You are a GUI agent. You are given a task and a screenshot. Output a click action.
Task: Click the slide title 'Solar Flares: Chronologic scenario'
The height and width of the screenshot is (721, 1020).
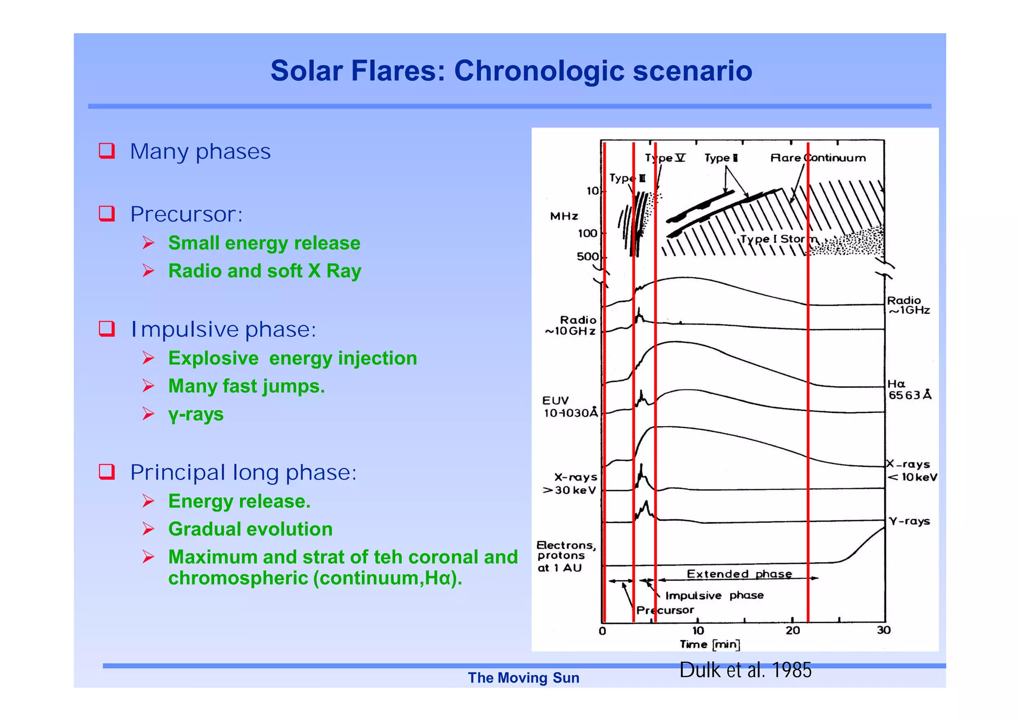[x=511, y=71]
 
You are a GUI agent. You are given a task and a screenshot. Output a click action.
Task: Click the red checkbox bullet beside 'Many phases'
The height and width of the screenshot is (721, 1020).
[x=107, y=150]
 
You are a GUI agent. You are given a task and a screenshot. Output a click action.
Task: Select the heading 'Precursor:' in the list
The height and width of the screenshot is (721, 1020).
[x=186, y=214]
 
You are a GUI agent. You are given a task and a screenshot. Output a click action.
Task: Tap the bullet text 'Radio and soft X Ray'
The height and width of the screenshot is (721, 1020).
[x=264, y=271]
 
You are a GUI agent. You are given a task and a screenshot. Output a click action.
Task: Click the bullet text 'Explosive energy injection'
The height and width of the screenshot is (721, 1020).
[x=292, y=359]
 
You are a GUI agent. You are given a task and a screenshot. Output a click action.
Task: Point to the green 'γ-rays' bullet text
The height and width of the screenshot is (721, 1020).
[x=196, y=414]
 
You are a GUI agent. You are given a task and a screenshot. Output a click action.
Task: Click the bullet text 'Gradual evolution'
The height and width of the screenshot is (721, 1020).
[x=250, y=529]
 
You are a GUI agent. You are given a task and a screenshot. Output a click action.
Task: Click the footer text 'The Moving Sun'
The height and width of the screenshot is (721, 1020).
[x=523, y=678]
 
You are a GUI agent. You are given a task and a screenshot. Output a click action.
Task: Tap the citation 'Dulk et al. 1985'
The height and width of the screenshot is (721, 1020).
[x=745, y=670]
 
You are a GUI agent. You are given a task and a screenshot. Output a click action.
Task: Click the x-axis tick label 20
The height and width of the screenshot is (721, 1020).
[x=792, y=631]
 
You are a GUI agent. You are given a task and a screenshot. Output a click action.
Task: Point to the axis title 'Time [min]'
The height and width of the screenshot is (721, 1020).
[x=710, y=644]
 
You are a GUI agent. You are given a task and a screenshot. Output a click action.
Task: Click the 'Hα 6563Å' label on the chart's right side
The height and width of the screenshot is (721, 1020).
[x=909, y=389]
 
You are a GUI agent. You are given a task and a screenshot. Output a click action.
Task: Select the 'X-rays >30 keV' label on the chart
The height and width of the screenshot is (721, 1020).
[x=571, y=483]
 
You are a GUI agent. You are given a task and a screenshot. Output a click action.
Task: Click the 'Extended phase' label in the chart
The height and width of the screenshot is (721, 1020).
[x=739, y=574]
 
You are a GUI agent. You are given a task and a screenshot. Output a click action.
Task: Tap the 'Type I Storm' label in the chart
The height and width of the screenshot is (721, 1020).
[x=778, y=239]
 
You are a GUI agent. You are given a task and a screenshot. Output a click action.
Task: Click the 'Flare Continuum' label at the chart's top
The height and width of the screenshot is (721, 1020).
[x=818, y=158]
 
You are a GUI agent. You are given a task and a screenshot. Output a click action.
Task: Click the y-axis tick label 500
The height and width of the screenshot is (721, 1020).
[x=587, y=256]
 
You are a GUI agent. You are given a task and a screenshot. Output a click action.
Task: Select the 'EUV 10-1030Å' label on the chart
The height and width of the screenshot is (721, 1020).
[x=569, y=407]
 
